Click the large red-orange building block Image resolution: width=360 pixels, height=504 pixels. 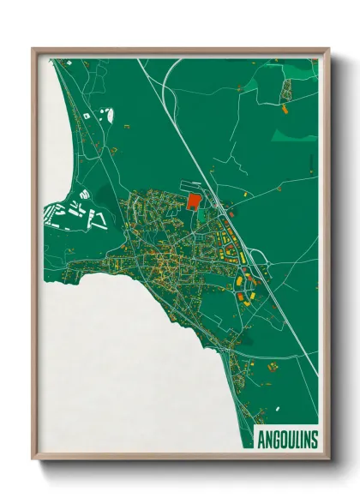pos(193,201)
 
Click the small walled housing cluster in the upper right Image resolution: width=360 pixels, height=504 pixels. pos(286,87)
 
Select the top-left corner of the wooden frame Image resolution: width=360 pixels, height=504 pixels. pos(33,50)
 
